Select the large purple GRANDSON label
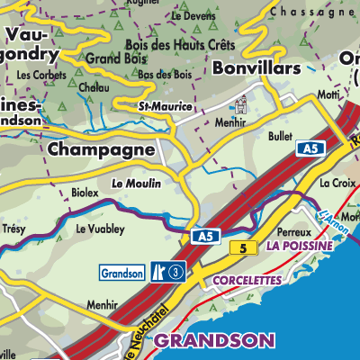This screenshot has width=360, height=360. click(x=212, y=340)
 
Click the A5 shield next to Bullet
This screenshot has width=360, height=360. click(x=310, y=148)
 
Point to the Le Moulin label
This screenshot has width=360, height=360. click(x=136, y=183)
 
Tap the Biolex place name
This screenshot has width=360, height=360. click(x=84, y=192)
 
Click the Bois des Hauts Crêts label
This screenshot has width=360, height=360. click(x=179, y=44)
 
